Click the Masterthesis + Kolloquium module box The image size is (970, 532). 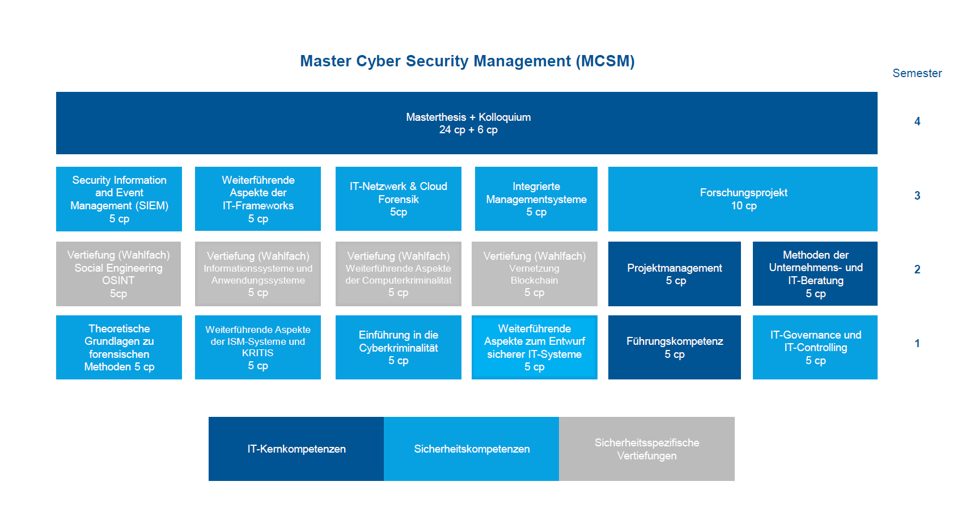tap(467, 123)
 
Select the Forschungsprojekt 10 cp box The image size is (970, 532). tap(743, 199)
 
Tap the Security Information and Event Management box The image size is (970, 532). tap(119, 199)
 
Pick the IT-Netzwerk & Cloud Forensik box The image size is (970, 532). tap(399, 199)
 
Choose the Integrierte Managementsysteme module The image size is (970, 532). tap(536, 199)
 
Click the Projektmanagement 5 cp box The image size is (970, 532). tap(674, 274)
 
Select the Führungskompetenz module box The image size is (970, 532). tap(674, 348)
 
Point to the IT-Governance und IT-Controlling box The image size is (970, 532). tap(815, 348)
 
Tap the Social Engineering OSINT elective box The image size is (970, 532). tap(118, 274)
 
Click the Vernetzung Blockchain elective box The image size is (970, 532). tap(535, 274)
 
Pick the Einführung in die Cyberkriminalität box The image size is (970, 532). tap(399, 348)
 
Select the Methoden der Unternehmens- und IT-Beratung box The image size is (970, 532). tap(815, 274)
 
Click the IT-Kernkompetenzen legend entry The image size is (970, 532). tap(296, 449)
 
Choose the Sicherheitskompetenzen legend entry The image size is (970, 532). tap(472, 449)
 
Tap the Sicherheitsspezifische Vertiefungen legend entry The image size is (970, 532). tap(646, 449)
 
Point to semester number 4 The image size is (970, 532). tap(917, 121)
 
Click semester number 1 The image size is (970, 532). tap(917, 344)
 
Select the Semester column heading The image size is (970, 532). tap(917, 73)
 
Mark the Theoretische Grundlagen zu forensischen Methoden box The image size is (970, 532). tap(119, 348)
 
